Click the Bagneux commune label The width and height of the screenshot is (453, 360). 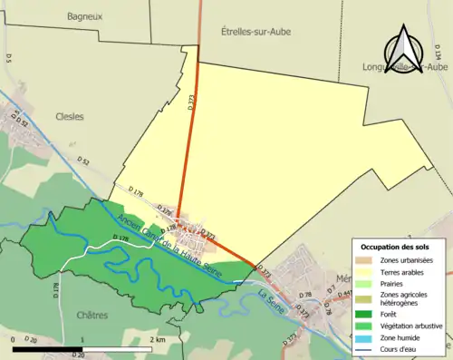tap(84, 15)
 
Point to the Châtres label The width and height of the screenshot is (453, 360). tap(92, 316)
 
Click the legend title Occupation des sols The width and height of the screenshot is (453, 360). tap(398, 246)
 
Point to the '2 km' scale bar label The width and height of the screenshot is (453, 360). tap(158, 339)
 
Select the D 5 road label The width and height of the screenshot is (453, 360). tap(8, 58)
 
